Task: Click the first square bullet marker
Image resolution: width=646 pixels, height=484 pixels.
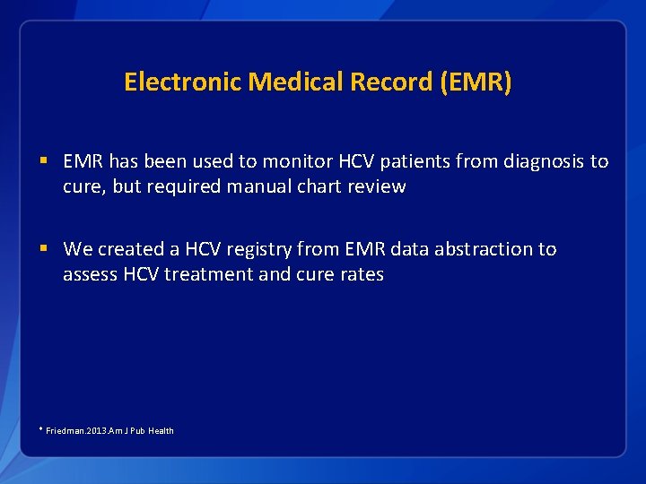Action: coord(44,162)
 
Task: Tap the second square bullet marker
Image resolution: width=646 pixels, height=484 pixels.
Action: coord(44,249)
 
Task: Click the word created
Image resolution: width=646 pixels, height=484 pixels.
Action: coord(129,249)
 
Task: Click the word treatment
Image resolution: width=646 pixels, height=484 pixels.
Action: coord(212,274)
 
